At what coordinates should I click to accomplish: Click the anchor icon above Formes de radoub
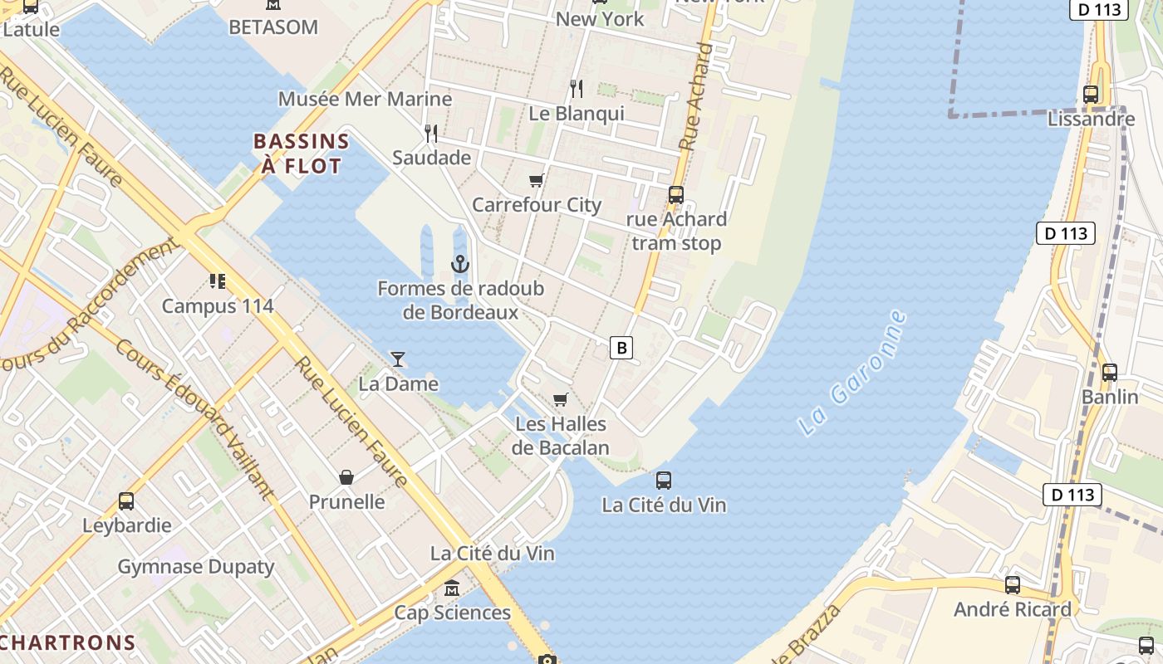(x=460, y=265)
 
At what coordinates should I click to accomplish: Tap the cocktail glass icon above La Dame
(x=398, y=359)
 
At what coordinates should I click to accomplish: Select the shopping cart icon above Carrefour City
(x=536, y=180)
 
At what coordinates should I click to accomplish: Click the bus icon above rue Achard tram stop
(x=676, y=195)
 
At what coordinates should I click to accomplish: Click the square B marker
(x=621, y=347)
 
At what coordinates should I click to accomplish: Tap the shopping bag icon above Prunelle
(x=346, y=477)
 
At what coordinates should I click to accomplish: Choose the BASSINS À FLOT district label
(x=301, y=154)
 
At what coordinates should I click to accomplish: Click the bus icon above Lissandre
(x=1091, y=95)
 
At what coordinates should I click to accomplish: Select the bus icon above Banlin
(x=1110, y=373)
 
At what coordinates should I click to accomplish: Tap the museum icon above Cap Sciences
(x=452, y=588)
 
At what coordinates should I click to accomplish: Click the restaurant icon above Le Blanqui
(x=577, y=89)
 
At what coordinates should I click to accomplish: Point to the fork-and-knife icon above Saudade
(x=431, y=133)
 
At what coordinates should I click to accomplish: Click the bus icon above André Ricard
(x=1013, y=585)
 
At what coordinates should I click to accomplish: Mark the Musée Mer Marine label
(x=365, y=99)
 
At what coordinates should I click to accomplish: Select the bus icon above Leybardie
(x=126, y=501)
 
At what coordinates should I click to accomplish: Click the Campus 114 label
(x=218, y=305)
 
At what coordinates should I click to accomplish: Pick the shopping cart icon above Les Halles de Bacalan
(x=561, y=400)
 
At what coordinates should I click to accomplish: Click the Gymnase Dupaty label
(x=196, y=567)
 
